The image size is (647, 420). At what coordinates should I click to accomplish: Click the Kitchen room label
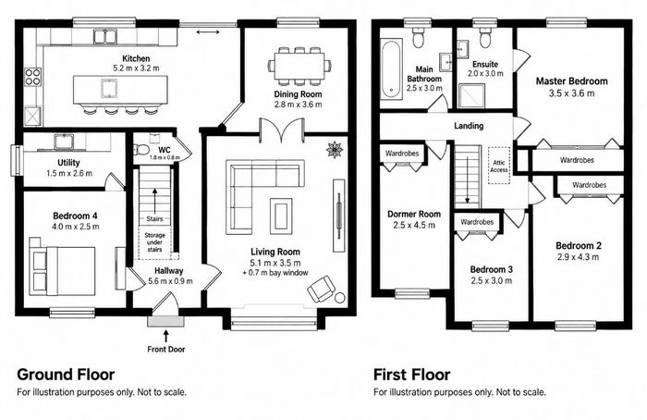pos(136,58)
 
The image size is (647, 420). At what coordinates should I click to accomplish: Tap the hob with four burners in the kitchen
pos(33,77)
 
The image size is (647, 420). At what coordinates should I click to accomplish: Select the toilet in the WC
pos(141,148)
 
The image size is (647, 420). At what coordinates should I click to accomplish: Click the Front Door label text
pos(166,350)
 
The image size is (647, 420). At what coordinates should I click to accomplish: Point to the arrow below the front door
pos(166,336)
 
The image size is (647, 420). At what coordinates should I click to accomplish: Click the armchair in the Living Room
pos(322,289)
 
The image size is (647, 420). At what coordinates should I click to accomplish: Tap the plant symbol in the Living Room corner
pos(335,150)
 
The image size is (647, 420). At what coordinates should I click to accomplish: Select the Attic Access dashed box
pos(499,166)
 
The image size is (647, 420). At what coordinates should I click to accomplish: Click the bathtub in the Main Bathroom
pos(391,69)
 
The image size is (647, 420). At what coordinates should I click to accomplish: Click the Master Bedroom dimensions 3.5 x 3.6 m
pos(571,93)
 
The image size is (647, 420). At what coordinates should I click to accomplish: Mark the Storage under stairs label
pos(154,242)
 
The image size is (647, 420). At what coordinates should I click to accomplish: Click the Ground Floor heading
pos(66,375)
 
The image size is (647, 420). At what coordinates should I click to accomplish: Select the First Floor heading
pos(412,375)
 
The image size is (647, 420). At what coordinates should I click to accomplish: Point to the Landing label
pos(469,126)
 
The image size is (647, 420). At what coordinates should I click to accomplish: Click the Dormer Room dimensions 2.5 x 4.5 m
pos(414,225)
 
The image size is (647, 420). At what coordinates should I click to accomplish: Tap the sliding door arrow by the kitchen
pos(208,31)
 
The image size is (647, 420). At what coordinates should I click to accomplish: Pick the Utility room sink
pos(63,142)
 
